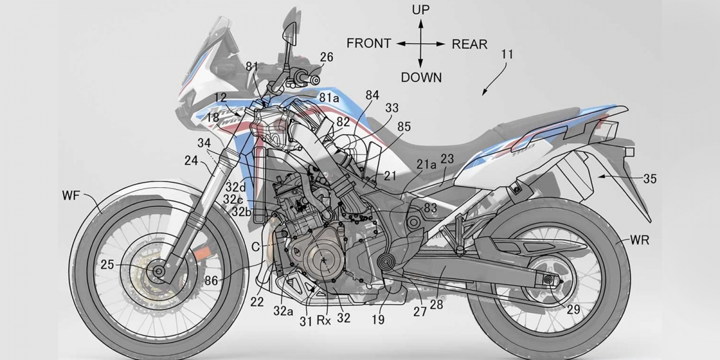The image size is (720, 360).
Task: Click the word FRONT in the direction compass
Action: tap(368, 44)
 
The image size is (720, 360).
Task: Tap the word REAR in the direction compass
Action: tap(469, 44)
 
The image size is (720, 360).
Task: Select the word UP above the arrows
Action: tap(420, 10)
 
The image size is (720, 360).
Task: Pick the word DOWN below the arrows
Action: tap(421, 77)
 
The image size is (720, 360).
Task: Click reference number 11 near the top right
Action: tap(507, 55)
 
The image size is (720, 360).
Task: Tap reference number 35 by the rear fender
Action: tap(650, 178)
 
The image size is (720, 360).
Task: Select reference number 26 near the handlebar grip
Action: tap(326, 57)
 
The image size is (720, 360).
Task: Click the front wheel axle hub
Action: tap(159, 271)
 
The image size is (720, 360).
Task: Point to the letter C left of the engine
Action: tap(257, 245)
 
